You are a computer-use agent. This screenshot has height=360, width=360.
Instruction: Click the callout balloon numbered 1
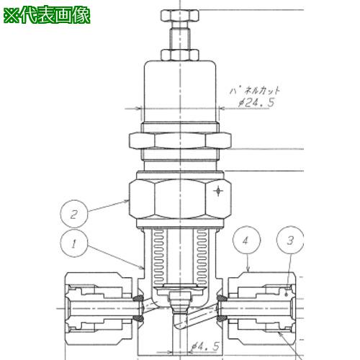[x=74, y=244]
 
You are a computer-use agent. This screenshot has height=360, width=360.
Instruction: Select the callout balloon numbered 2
[x=74, y=214]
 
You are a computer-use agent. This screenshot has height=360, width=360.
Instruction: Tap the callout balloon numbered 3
[x=290, y=240]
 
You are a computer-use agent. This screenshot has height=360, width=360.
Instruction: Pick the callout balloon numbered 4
[x=246, y=240]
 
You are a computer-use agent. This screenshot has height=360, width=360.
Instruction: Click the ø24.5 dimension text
[x=256, y=103]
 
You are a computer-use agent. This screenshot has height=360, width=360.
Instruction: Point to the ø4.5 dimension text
[x=205, y=346]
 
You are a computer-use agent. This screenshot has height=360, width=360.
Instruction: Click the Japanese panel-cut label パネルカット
[x=254, y=91]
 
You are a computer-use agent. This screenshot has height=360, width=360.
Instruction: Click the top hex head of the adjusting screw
[x=180, y=16]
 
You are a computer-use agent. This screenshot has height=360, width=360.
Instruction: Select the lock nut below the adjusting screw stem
[x=180, y=55]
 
